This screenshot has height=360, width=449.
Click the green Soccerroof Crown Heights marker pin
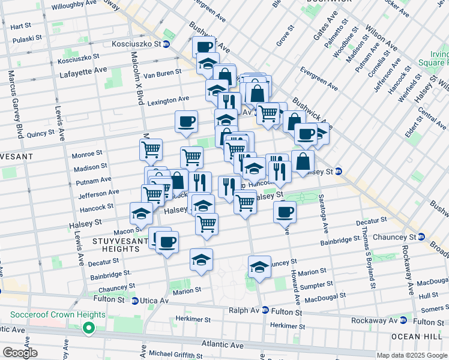(x=89, y=327)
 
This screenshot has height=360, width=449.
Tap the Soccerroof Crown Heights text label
(x=58, y=314)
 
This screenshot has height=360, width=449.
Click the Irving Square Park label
(x=436, y=59)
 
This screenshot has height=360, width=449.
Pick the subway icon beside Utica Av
(x=135, y=300)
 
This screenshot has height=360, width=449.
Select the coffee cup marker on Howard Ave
(x=285, y=211)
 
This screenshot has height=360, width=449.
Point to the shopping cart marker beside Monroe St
(x=151, y=149)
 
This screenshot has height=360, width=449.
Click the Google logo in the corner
(x=20, y=353)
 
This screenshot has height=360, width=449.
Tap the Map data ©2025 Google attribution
(x=412, y=355)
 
